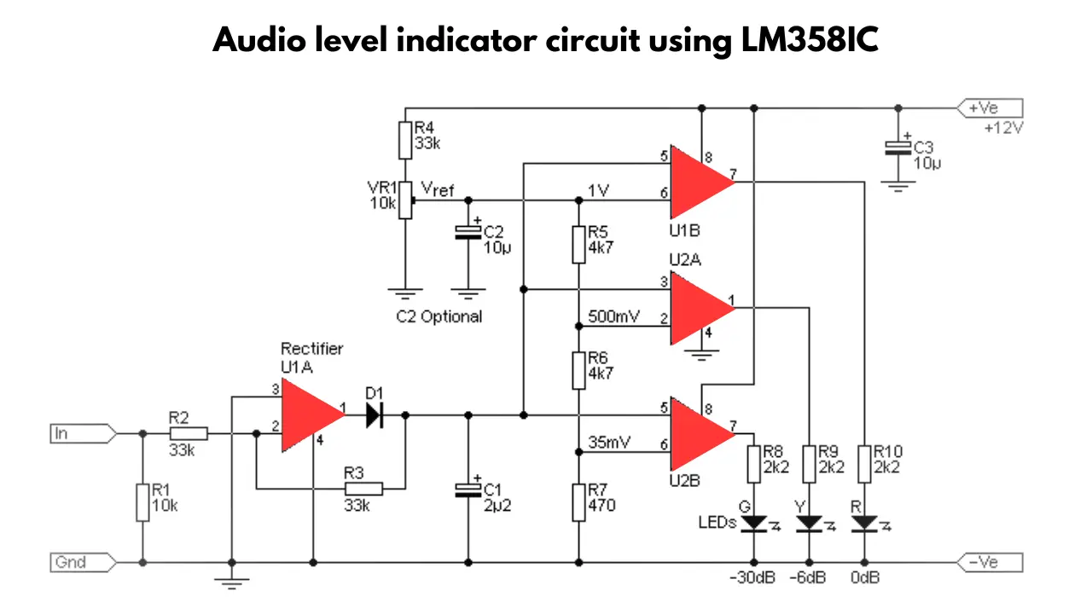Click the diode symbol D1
tap(375, 415)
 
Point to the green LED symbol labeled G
tap(753, 524)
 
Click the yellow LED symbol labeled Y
tap(810, 524)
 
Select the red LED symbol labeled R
tap(864, 524)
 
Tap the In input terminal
tap(84, 433)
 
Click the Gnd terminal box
tap(84, 562)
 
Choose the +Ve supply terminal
tap(990, 107)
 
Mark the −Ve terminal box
tap(990, 562)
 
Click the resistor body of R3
tap(363, 489)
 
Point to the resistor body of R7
tap(578, 503)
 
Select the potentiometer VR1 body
tap(405, 200)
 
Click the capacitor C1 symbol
tap(468, 490)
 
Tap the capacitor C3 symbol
tap(898, 148)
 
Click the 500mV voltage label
tap(613, 316)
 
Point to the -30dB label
tap(752, 578)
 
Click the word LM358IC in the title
tap(810, 39)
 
